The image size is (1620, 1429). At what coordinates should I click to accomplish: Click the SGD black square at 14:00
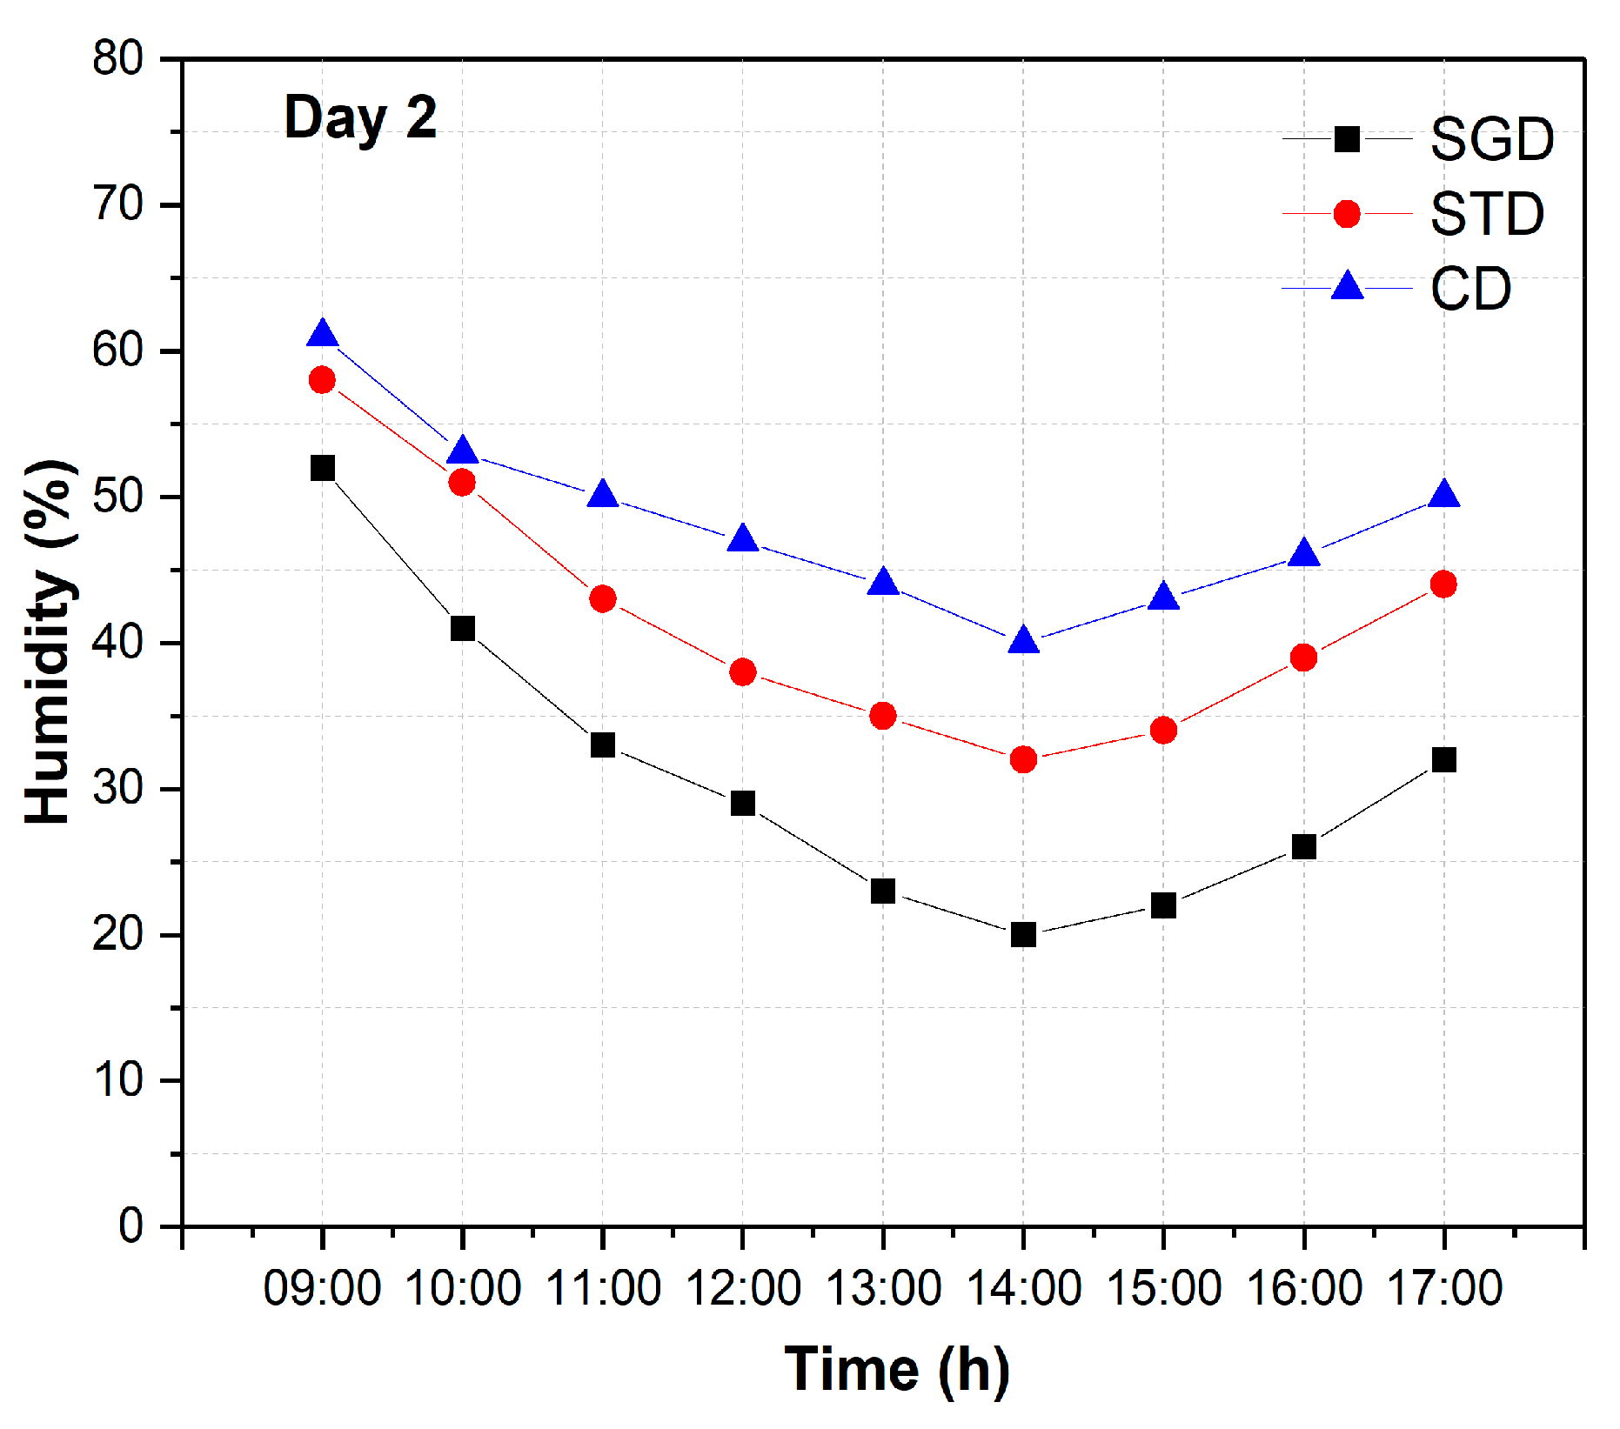(1023, 935)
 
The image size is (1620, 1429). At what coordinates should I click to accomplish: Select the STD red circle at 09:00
(322, 380)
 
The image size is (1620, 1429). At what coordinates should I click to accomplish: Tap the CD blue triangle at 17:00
(1443, 495)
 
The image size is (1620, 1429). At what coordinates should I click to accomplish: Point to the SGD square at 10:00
(462, 628)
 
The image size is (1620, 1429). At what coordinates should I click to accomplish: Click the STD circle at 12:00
(742, 671)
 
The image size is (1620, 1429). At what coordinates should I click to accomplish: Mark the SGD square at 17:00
(1443, 760)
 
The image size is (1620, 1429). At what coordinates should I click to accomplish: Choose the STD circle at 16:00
(1303, 658)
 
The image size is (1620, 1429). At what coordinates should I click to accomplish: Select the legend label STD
(1487, 214)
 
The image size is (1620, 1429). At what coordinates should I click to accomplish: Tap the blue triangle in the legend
(1348, 286)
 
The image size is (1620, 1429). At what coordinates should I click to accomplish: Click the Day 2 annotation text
(360, 119)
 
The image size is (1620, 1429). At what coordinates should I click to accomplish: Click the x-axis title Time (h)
(896, 1370)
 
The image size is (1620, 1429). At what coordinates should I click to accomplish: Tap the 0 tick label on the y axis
(131, 1225)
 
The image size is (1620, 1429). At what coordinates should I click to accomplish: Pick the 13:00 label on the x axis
(883, 1288)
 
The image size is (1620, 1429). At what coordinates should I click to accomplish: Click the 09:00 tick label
(322, 1288)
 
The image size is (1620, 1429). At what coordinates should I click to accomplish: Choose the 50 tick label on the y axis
(118, 497)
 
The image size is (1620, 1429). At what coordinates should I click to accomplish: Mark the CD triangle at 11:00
(602, 495)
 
